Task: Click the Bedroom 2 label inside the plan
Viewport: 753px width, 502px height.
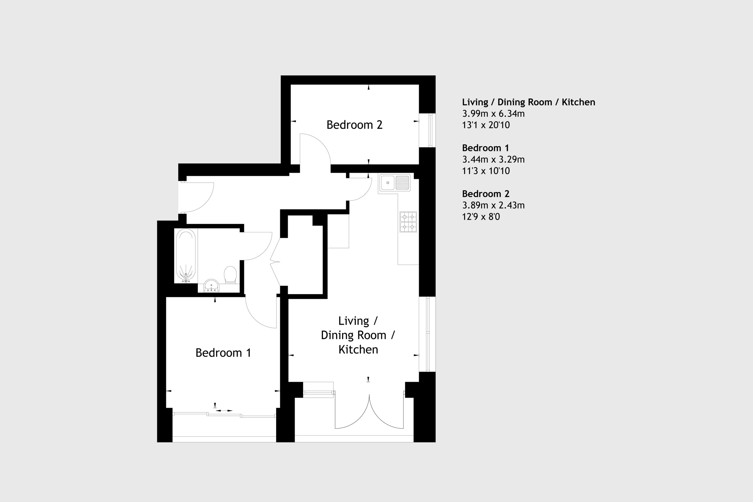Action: point(354,125)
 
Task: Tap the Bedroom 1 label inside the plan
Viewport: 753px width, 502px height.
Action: point(223,353)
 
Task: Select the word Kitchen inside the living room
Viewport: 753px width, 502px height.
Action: point(358,350)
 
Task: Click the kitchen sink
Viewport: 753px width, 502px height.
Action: point(395,183)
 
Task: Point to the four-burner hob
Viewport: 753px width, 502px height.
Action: point(408,222)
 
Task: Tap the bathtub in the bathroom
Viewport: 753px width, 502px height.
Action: point(186,255)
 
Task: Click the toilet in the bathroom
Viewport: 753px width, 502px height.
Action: point(230,275)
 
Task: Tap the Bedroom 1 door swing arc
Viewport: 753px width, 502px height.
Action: point(254,319)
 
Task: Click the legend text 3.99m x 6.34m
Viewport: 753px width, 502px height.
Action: point(493,114)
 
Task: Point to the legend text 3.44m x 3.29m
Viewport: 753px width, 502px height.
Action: point(493,159)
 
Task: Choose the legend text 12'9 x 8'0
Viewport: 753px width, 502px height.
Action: point(481,217)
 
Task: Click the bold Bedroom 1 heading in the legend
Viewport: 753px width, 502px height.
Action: point(485,148)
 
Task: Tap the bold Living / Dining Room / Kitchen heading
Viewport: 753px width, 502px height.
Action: point(528,102)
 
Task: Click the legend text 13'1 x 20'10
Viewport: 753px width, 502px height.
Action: point(486,125)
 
